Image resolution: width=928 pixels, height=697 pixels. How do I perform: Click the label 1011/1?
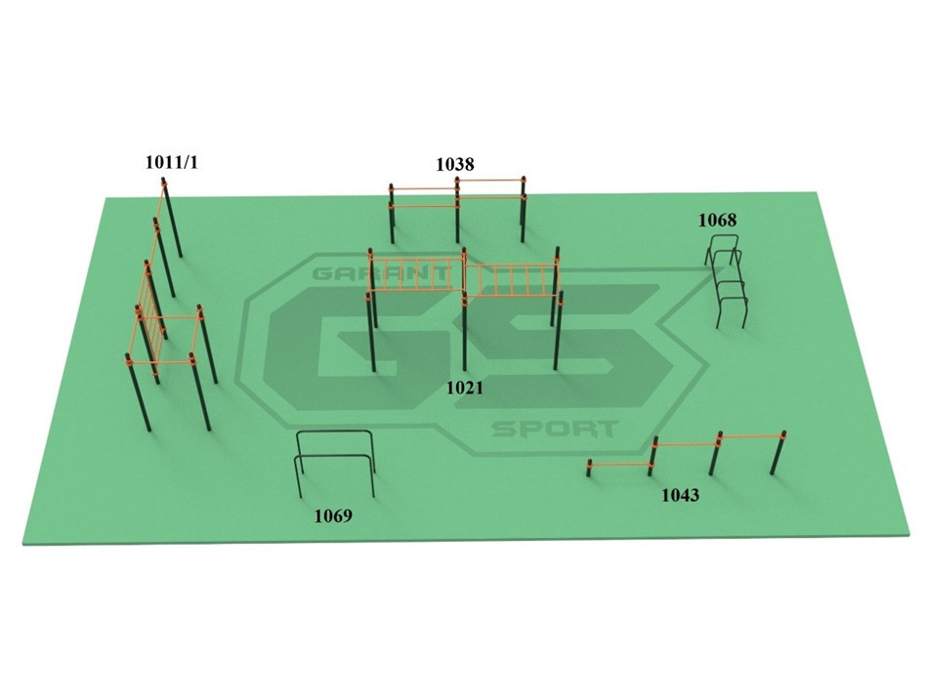click(171, 162)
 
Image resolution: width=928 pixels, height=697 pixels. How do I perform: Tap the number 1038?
click(454, 164)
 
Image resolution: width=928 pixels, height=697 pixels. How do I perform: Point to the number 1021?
click(465, 388)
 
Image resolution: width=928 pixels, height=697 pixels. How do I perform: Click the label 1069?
click(332, 515)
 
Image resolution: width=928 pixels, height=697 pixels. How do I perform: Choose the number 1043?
click(680, 495)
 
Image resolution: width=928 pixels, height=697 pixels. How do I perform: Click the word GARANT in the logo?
click(357, 274)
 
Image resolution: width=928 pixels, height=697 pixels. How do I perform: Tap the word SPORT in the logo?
click(554, 429)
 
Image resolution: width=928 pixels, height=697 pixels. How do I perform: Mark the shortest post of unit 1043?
click(589, 469)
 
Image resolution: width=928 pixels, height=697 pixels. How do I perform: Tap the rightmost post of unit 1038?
click(524, 210)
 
